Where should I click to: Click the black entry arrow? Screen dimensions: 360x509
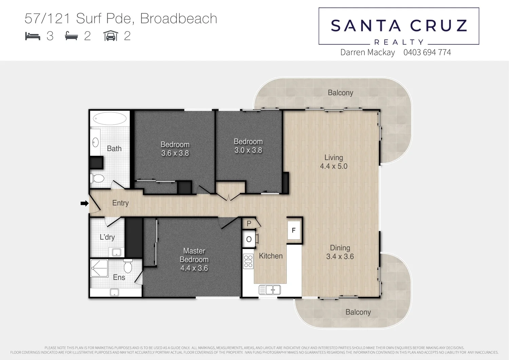[x=84, y=203]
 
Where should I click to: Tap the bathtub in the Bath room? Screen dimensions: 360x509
[x=110, y=119]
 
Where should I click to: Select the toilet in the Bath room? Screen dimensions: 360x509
[x=98, y=178]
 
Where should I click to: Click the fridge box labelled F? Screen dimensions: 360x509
[x=294, y=231]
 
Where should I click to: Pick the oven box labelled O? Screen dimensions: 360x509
[x=249, y=239]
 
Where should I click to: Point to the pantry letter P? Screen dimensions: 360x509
[x=249, y=223]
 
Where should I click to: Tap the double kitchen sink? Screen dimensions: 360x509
[x=270, y=290]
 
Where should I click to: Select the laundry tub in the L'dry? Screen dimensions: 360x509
[x=116, y=252]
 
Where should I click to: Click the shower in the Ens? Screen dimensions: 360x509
[x=99, y=268]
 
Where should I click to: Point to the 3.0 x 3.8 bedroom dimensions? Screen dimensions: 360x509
[x=248, y=150]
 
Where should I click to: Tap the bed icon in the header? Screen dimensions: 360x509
[x=33, y=36]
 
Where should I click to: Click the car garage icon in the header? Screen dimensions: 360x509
[x=111, y=36]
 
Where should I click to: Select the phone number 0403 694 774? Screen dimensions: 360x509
[x=427, y=52]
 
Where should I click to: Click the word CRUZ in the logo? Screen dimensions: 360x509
[x=438, y=26]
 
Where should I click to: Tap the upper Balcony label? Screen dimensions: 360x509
[x=340, y=93]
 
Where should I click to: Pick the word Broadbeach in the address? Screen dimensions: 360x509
[x=178, y=19]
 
